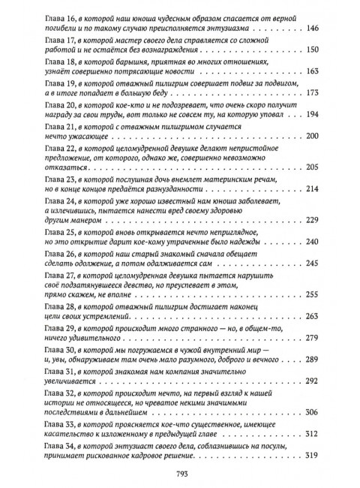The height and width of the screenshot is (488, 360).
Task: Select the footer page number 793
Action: coord(179,473)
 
